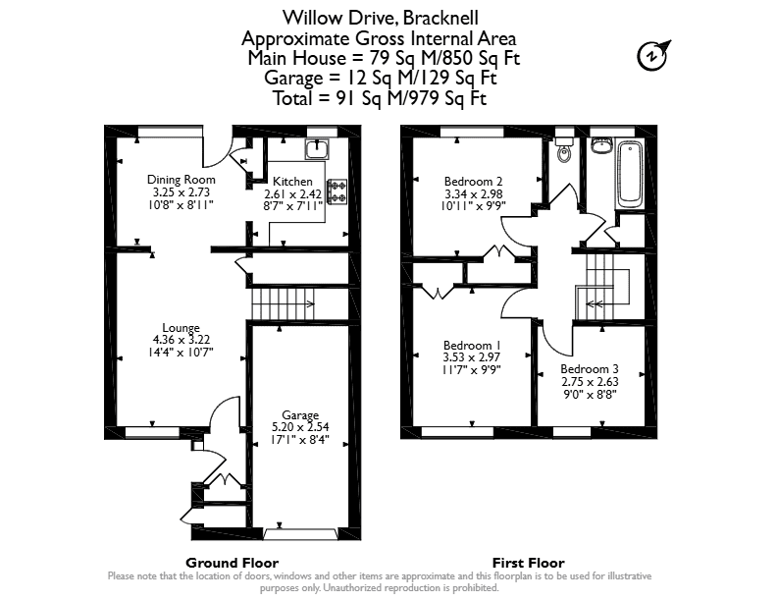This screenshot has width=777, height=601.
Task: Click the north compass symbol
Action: coord(652,56)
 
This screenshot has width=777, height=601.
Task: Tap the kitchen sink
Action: coord(317,149)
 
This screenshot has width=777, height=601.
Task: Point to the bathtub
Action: coord(630,173)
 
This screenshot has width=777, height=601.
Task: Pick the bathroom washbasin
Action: coord(600,145)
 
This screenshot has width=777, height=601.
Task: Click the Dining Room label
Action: coord(181,180)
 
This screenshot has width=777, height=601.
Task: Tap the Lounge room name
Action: coord(181,328)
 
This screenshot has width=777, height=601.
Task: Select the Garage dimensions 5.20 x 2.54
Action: coord(300,427)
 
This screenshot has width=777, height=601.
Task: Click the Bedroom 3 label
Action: coord(590,369)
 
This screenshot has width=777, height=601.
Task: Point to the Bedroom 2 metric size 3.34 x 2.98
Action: coord(474,193)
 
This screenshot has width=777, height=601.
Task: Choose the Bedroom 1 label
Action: coord(472,345)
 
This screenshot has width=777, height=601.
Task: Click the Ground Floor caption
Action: coord(232,563)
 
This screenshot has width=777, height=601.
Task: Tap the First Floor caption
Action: coord(528,563)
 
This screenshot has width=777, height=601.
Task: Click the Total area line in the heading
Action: coord(380,98)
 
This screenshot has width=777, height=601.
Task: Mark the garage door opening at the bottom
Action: coord(301,534)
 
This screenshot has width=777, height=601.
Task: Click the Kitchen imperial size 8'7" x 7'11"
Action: coord(293,205)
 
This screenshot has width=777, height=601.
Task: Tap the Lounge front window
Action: coord(152,432)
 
